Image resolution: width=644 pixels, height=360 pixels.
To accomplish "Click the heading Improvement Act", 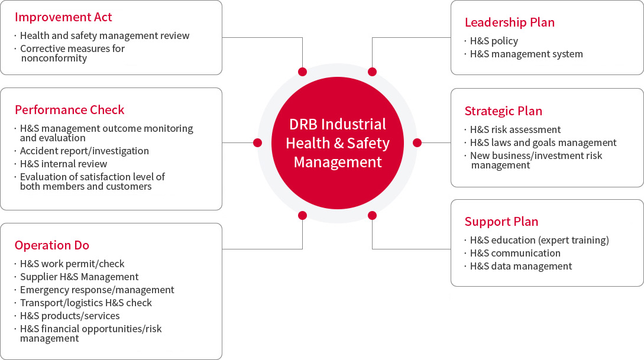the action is tap(63, 17).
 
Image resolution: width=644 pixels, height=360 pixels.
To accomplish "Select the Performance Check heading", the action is tap(69, 110).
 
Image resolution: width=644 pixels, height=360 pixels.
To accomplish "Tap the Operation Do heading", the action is tap(52, 245).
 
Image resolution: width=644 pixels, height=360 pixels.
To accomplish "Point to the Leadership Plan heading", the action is tap(510, 22).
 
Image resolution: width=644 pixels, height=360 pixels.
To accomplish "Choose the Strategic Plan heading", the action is tap(503, 111).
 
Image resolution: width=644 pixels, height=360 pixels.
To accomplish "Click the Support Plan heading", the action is tap(501, 222).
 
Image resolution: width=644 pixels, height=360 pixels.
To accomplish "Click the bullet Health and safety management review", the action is tap(105, 35).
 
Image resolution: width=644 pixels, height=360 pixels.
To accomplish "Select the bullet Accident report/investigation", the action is tap(85, 151).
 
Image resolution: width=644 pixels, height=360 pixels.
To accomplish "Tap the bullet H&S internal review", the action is tap(64, 164).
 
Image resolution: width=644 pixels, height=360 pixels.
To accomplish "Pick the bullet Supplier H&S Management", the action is tap(79, 277).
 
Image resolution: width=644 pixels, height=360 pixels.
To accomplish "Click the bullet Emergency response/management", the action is tap(98, 290).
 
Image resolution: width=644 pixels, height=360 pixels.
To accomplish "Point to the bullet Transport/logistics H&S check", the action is tap(86, 303).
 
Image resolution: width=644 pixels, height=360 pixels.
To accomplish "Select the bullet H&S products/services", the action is tap(70, 316).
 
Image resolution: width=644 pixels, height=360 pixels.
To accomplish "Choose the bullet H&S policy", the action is tap(494, 41).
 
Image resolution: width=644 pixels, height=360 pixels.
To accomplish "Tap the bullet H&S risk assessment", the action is tap(516, 129).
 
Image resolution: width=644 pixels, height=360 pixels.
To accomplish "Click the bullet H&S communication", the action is tap(516, 253).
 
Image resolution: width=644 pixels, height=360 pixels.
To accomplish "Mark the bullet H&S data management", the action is tap(521, 267).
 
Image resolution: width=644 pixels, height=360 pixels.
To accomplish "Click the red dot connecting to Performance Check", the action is tap(257, 143).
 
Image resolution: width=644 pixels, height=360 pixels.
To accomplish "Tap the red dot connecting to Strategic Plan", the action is tap(418, 143).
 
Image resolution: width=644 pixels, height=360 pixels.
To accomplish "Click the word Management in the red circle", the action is tap(338, 162).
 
